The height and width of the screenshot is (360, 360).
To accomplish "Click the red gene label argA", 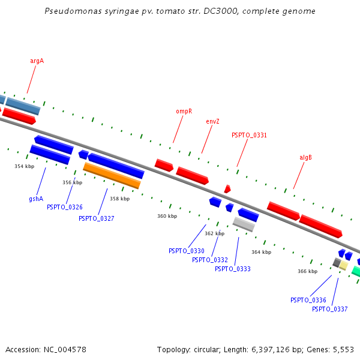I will click(x=37, y=61).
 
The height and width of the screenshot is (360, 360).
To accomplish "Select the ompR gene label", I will click(x=184, y=112).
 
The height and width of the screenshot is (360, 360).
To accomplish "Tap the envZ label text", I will click(x=212, y=121).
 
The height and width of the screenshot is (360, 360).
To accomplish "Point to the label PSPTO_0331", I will click(x=249, y=136).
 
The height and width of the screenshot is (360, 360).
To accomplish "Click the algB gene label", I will click(x=305, y=158).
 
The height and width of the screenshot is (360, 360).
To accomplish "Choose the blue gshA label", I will click(x=36, y=199).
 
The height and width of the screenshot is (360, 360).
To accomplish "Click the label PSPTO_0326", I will click(x=65, y=208).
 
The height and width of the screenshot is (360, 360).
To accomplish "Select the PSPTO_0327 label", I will click(x=96, y=219).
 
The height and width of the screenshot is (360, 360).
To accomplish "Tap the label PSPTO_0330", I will click(x=186, y=251).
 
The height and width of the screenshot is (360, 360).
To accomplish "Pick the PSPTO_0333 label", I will click(x=232, y=269).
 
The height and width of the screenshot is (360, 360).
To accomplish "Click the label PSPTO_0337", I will click(x=329, y=310).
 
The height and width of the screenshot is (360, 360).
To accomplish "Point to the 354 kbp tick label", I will click(x=25, y=166).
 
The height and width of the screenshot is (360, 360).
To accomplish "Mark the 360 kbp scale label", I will click(x=167, y=216).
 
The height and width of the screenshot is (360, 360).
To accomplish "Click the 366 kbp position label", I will click(x=307, y=272).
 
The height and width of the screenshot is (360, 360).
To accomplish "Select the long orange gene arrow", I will click(x=112, y=175).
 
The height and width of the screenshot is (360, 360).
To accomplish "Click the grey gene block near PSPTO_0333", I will click(x=244, y=224).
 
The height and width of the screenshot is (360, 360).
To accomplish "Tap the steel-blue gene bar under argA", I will click(x=23, y=106).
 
